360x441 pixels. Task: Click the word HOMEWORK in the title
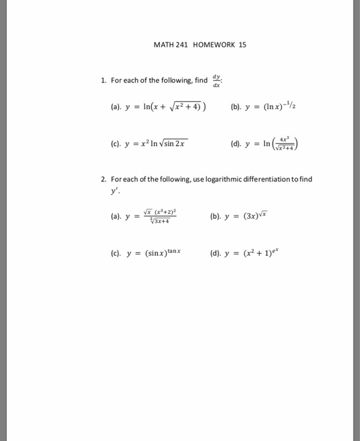(x=208, y=45)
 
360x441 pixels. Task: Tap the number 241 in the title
(x=180, y=45)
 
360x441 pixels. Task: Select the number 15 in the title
(x=243, y=45)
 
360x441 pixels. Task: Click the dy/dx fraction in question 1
(x=217, y=79)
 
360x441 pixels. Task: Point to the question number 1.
(x=103, y=81)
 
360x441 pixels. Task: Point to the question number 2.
(x=103, y=179)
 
